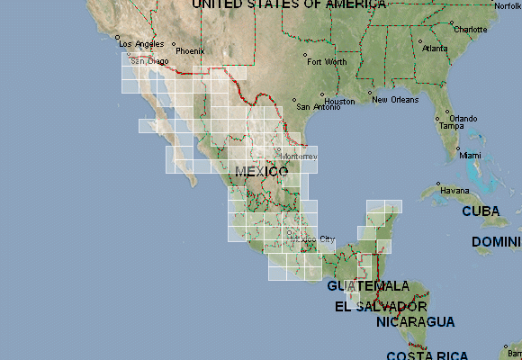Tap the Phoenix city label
pyautogui.click(x=190, y=51)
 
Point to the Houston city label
pyautogui.click(x=340, y=101)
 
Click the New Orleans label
pyautogui.click(x=394, y=99)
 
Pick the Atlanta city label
pyautogui.click(x=436, y=48)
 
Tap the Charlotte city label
pyautogui.click(x=470, y=29)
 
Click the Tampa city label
pyautogui.click(x=451, y=126)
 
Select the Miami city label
pyautogui.click(x=470, y=155)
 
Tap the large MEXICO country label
pyautogui.click(x=262, y=171)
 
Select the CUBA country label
pyautogui.click(x=481, y=211)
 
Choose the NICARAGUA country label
pyautogui.click(x=416, y=321)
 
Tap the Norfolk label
pyautogui.click(x=507, y=5)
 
